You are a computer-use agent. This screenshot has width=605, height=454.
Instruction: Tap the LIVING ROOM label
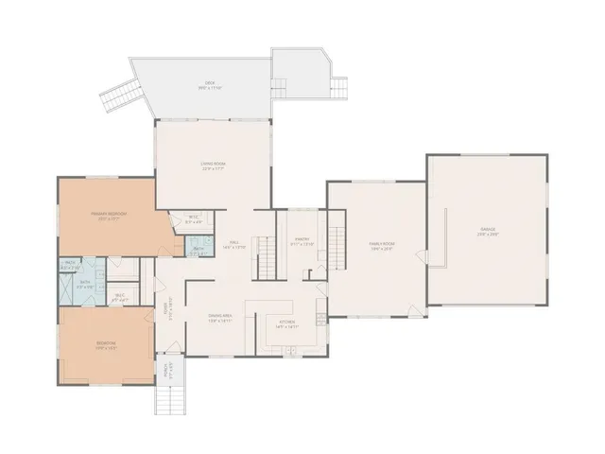213,165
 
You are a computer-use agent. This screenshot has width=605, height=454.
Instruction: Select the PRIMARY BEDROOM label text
109,215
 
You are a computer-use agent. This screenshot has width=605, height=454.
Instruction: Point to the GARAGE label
487,231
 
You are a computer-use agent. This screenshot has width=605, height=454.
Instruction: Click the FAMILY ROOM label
381,245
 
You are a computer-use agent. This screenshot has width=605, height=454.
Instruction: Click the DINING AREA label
221,318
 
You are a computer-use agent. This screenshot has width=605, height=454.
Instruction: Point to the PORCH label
166,370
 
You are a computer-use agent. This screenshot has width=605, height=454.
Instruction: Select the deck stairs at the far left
119,96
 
